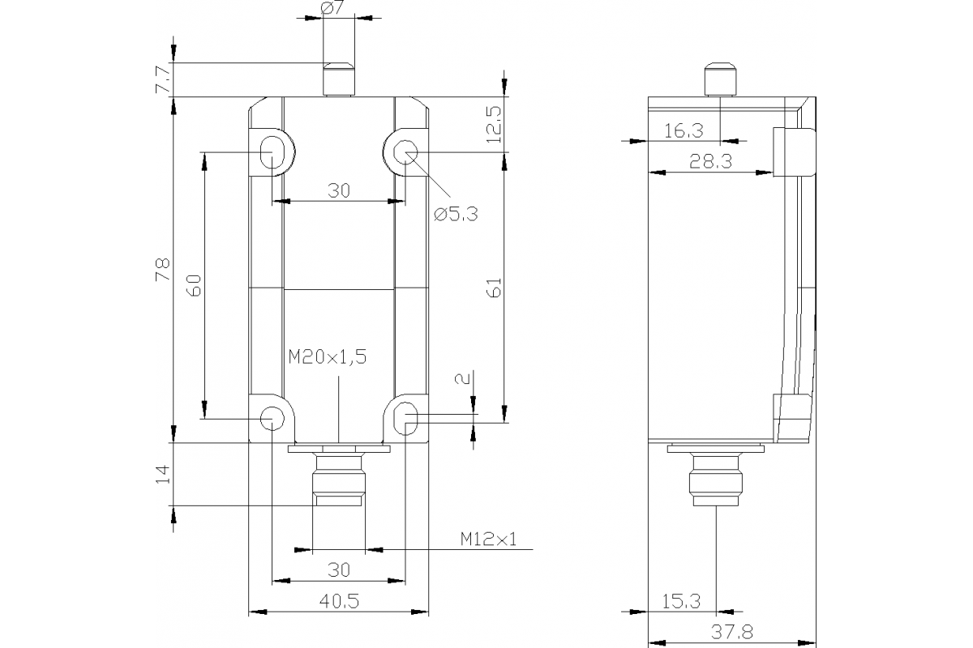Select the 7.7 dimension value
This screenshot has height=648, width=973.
(161, 80)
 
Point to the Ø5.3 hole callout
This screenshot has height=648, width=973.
(456, 214)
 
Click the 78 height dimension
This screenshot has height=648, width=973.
(162, 269)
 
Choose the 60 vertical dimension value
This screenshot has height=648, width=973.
(193, 285)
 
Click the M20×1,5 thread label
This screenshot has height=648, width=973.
(327, 356)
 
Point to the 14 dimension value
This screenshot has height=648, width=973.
(162, 474)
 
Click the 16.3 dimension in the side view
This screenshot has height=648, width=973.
(683, 130)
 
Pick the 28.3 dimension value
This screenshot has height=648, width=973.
(710, 161)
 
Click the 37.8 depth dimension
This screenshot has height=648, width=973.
(731, 629)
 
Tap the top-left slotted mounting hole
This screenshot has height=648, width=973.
(272, 152)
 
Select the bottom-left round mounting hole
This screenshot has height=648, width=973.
(272, 418)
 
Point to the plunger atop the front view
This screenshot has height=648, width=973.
(339, 79)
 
